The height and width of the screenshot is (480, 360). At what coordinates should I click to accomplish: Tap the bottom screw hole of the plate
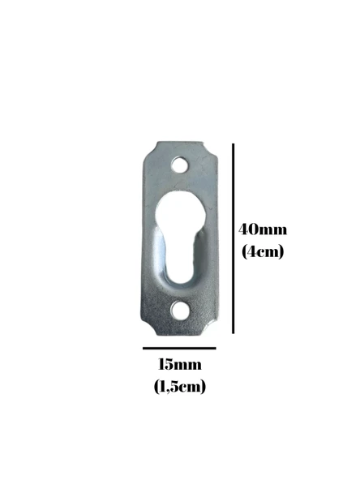(179, 311)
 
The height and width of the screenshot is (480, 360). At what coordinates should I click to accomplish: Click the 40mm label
(262, 229)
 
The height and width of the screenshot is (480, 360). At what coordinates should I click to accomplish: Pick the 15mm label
(179, 365)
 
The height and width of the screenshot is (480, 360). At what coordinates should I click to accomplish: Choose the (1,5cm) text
(179, 386)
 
